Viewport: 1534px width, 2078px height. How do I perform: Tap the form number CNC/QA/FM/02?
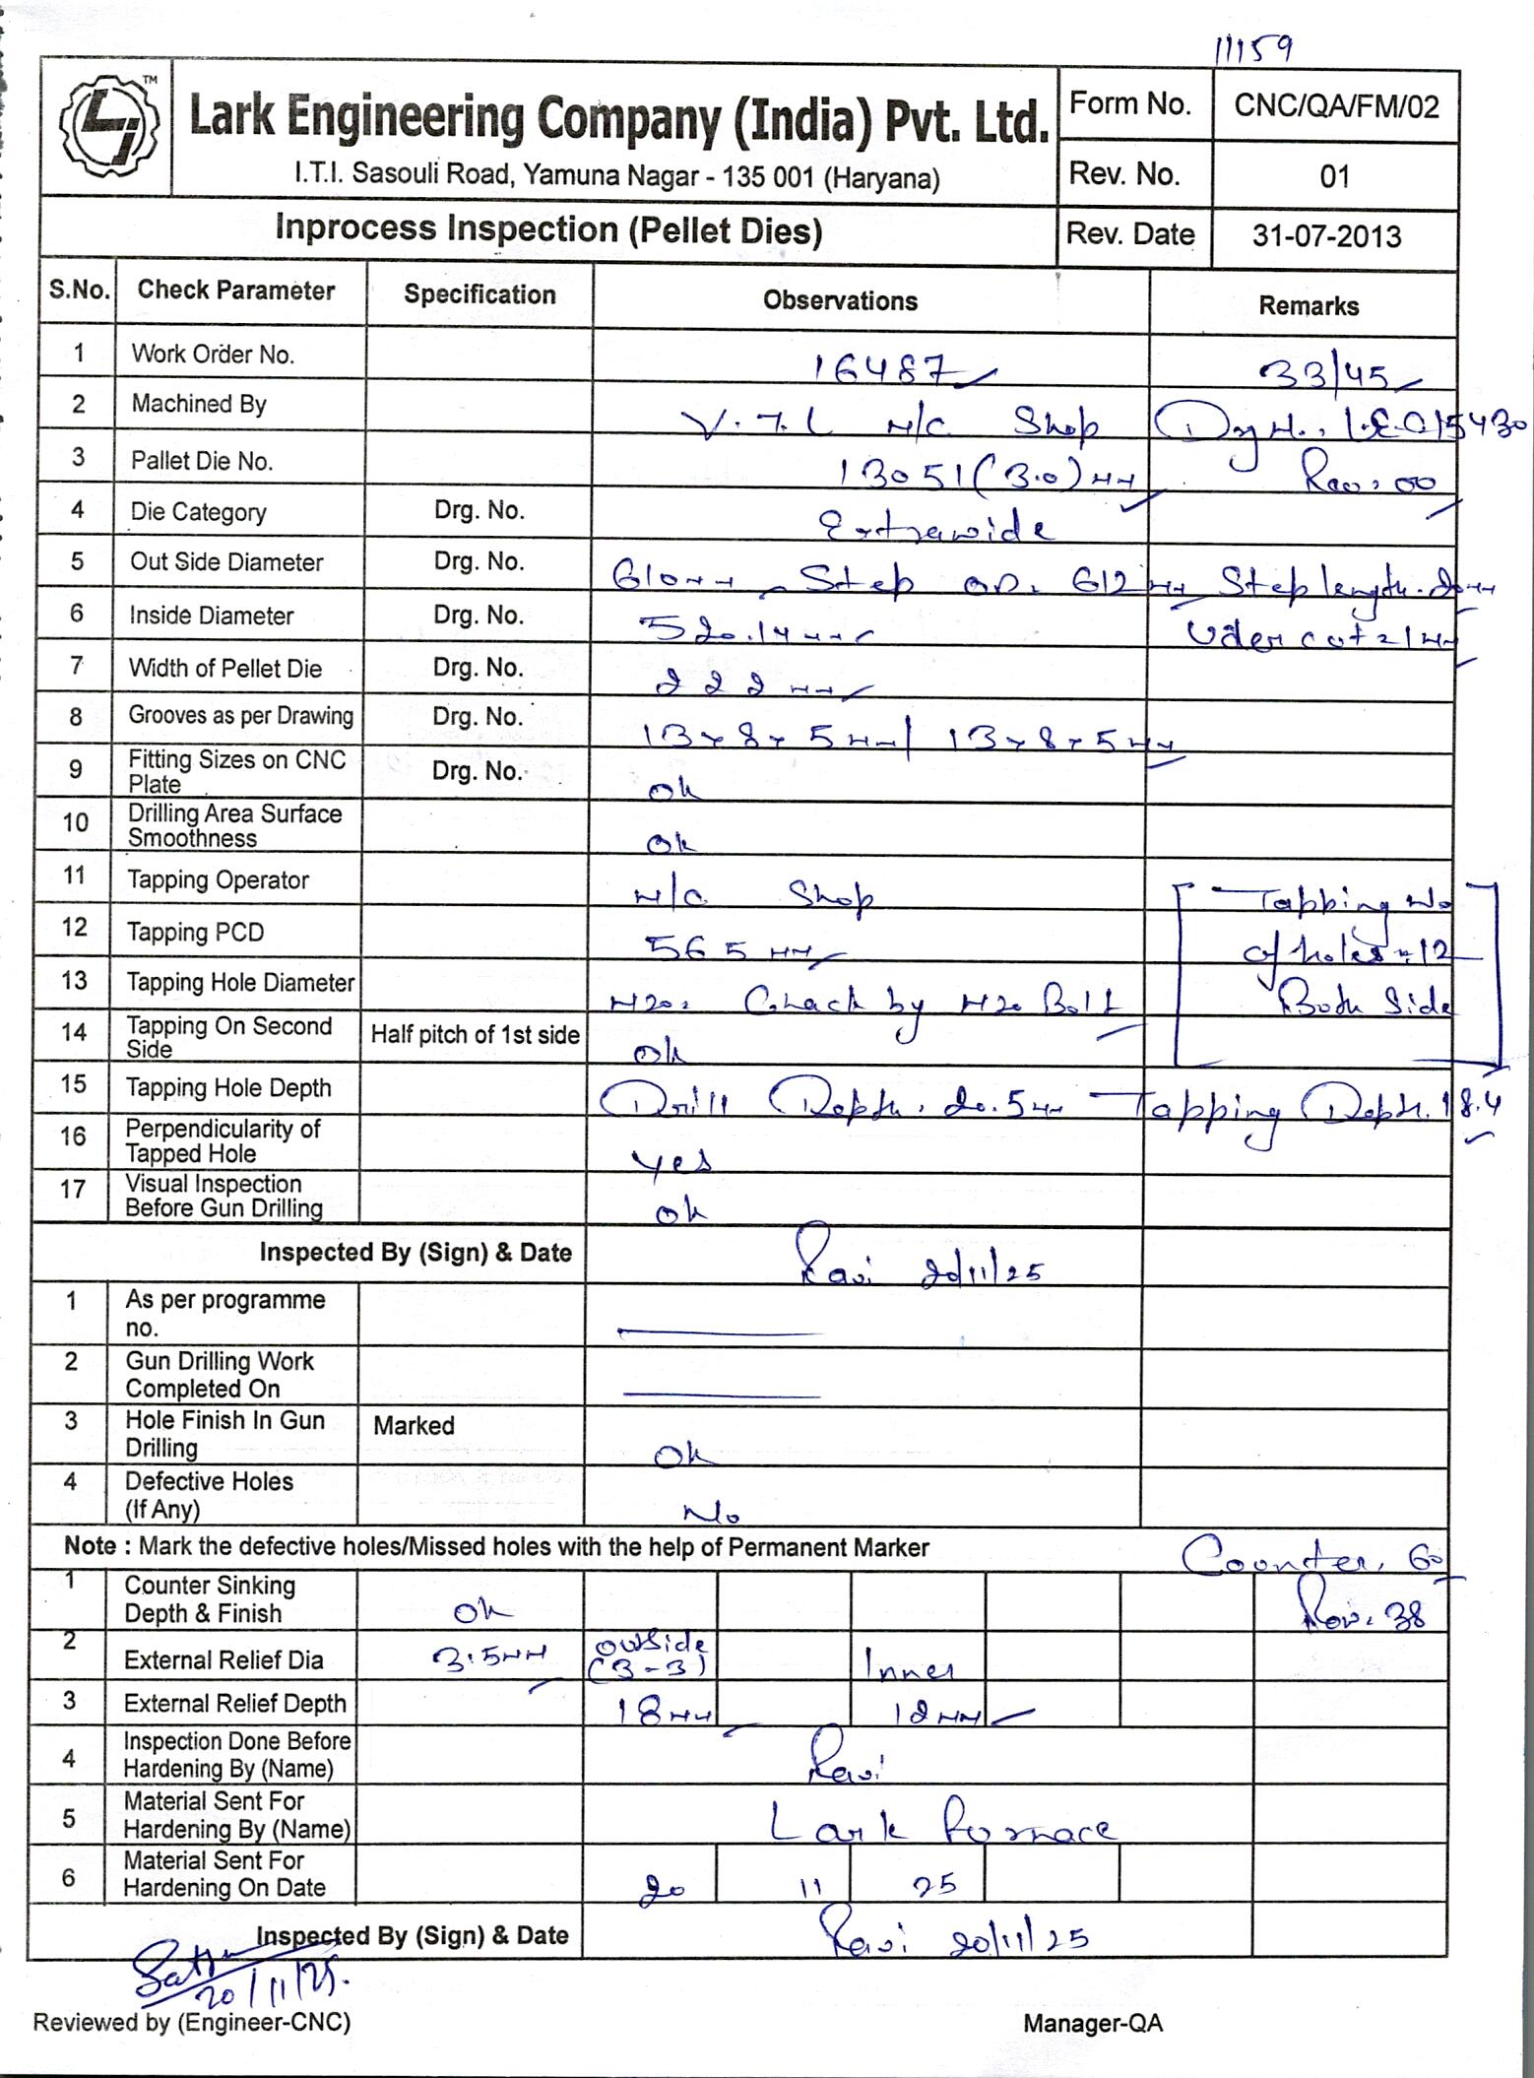pyautogui.click(x=1336, y=106)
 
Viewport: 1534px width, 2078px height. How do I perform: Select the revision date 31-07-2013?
pyautogui.click(x=1326, y=236)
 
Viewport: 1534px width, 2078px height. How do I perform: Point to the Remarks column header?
pyautogui.click(x=1308, y=306)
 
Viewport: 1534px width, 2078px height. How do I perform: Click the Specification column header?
pyautogui.click(x=479, y=294)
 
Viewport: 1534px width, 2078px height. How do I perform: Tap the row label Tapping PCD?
pyautogui.click(x=195, y=932)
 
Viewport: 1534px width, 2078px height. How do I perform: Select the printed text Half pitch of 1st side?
pyautogui.click(x=475, y=1034)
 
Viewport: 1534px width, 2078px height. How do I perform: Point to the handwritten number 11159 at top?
pyautogui.click(x=1253, y=48)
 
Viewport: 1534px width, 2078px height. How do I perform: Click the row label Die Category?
pyautogui.click(x=198, y=512)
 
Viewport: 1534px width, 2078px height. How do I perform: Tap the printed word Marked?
pyautogui.click(x=414, y=1425)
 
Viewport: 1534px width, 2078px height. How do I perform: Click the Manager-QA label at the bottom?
pyautogui.click(x=1093, y=2023)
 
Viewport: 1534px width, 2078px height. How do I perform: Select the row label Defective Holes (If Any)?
pyautogui.click(x=209, y=1495)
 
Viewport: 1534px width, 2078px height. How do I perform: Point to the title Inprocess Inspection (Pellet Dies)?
pyautogui.click(x=548, y=229)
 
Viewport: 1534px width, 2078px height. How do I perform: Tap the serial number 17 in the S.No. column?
pyautogui.click(x=73, y=1190)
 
